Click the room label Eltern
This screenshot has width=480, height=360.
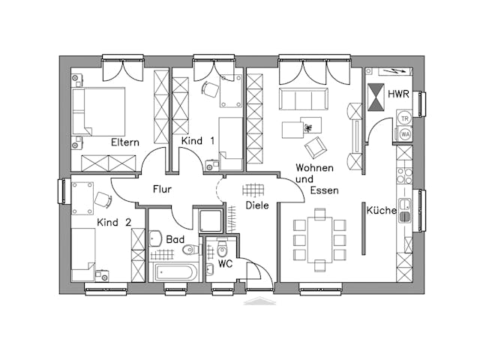(x=124, y=142)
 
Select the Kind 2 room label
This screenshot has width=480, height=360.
(x=114, y=222)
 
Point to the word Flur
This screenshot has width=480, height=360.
(x=163, y=190)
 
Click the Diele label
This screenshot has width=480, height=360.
(x=257, y=205)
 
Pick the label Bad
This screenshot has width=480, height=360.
(x=175, y=239)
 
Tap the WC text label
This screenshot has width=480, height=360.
(x=226, y=265)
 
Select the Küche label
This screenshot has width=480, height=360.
(x=381, y=211)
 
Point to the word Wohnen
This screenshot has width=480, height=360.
(x=313, y=167)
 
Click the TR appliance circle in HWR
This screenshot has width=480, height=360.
(x=405, y=118)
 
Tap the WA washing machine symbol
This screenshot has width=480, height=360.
(x=405, y=134)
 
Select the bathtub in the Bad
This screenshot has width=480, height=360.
(x=175, y=271)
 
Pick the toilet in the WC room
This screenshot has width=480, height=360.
(x=222, y=250)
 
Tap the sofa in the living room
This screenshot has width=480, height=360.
(x=304, y=99)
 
